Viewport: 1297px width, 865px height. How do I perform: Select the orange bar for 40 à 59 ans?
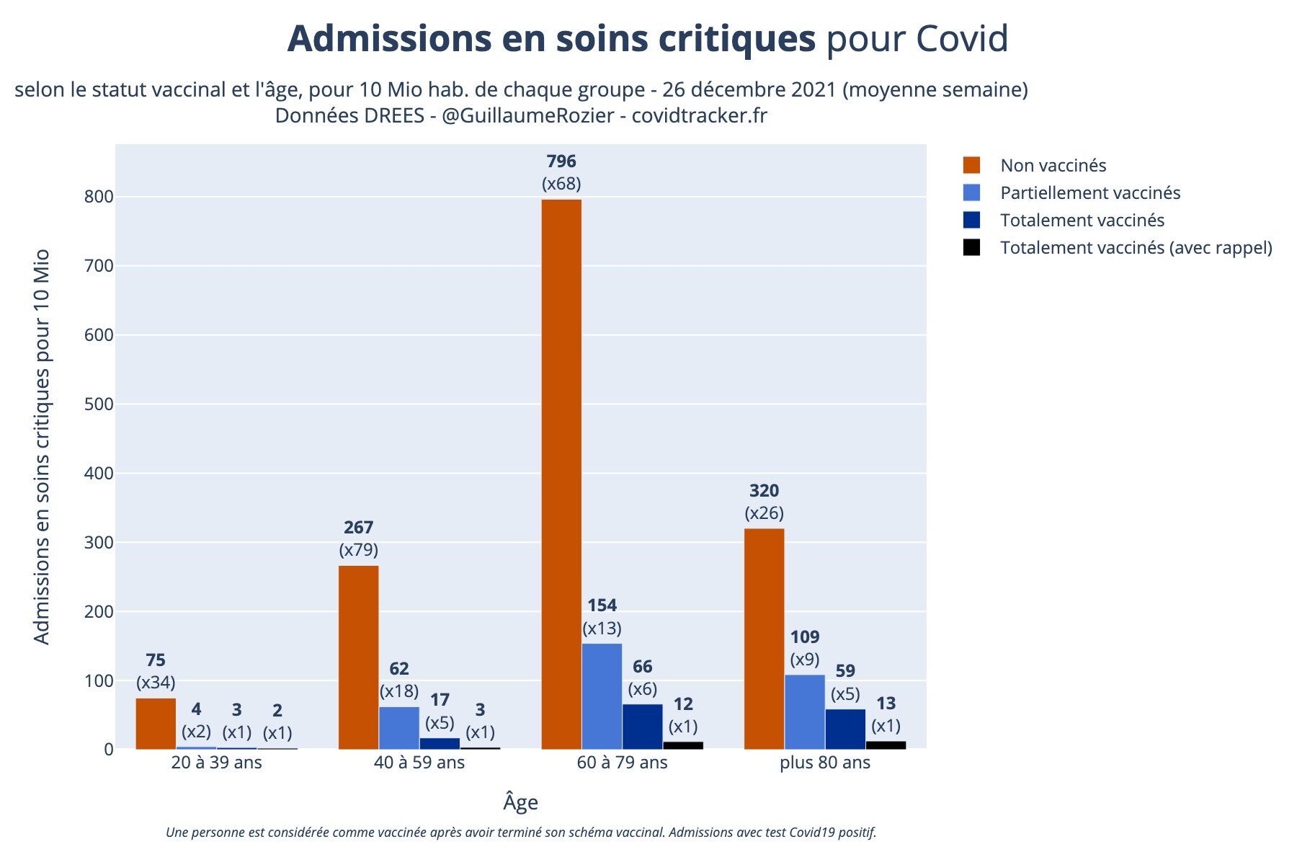358,657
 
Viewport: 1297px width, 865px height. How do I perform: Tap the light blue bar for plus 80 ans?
805,711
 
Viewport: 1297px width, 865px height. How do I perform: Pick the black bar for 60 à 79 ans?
683,745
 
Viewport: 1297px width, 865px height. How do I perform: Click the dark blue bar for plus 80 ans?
845,729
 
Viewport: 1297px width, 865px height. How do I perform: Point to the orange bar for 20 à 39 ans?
156,723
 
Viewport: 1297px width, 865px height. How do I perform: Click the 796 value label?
561,161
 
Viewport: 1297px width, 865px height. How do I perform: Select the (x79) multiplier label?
358,550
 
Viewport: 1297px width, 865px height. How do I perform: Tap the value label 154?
602,605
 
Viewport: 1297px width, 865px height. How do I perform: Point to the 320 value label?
764,491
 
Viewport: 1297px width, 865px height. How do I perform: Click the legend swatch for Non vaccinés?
971,165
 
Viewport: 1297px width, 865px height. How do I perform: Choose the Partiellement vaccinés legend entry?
1089,192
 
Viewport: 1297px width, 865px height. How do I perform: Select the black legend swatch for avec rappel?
971,247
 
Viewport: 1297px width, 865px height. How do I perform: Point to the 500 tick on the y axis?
99,404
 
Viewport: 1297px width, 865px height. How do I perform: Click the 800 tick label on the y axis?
99,197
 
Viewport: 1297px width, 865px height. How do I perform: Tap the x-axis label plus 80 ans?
825,763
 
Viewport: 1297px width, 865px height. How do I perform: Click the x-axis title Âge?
520,802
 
